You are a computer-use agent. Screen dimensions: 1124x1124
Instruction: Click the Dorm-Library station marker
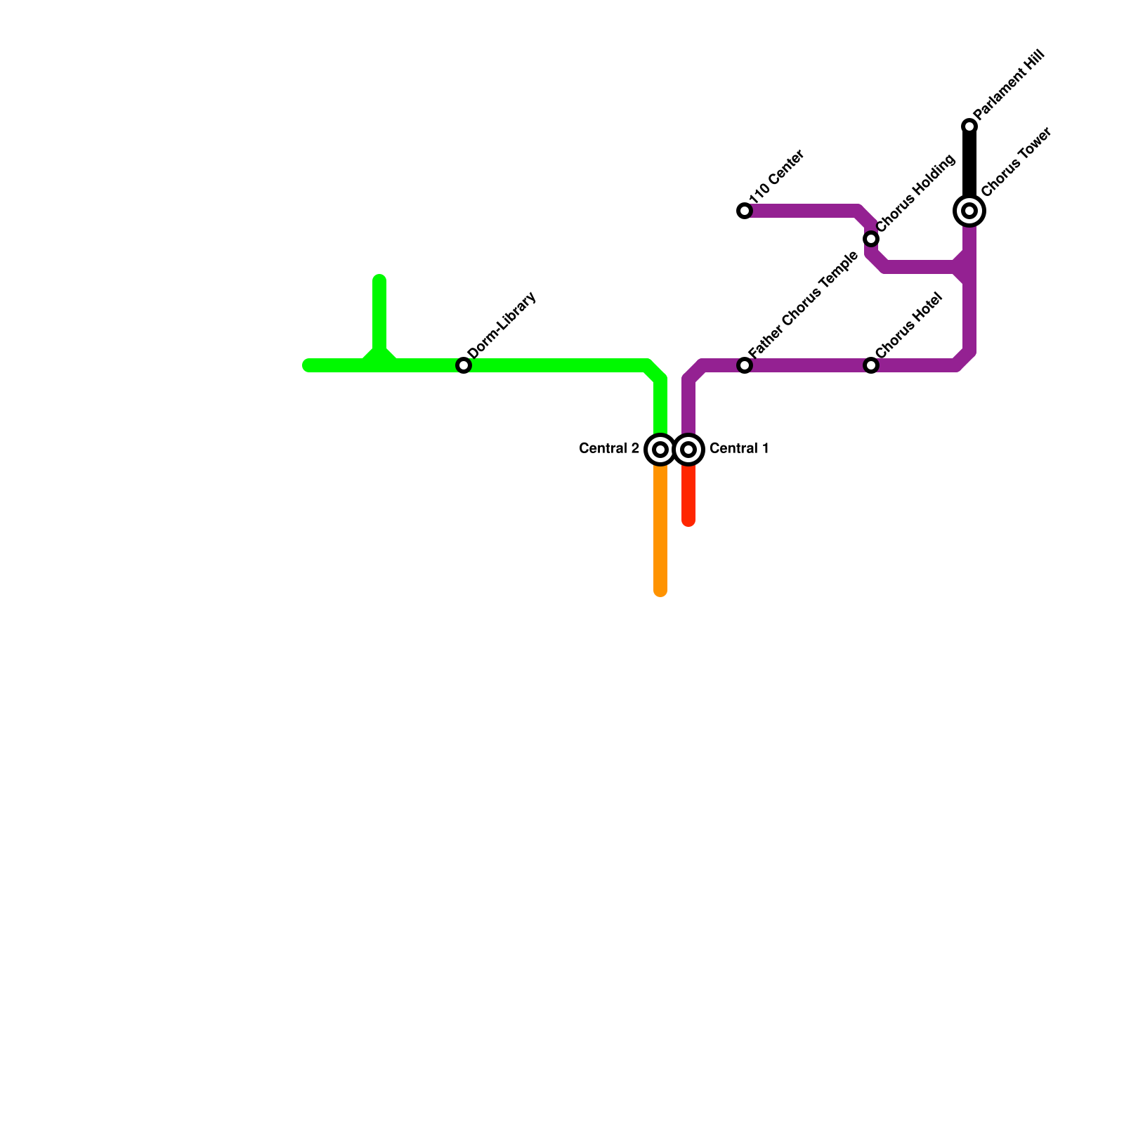click(x=464, y=365)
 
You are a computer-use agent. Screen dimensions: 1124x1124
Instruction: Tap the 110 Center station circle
click(x=745, y=211)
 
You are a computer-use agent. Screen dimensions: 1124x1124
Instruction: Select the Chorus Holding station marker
click(x=871, y=239)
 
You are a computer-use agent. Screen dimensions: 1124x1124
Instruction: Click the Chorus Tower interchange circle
click(x=969, y=210)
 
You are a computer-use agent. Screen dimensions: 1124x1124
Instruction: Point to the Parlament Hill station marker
click(x=969, y=126)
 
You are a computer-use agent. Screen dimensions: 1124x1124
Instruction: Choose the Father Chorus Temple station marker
click(x=745, y=365)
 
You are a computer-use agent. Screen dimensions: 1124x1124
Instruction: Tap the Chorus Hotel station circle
click(x=871, y=365)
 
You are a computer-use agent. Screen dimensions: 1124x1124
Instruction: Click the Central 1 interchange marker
click(x=689, y=450)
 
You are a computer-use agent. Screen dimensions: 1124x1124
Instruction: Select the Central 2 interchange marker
click(x=660, y=450)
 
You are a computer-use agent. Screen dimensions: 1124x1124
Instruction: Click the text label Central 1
click(x=739, y=448)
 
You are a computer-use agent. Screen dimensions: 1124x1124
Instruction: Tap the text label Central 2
click(x=609, y=448)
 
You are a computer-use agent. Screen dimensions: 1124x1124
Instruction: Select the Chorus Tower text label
click(x=1016, y=162)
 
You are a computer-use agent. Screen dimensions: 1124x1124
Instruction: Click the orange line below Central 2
click(x=660, y=534)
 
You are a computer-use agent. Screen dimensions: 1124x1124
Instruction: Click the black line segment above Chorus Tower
click(x=969, y=165)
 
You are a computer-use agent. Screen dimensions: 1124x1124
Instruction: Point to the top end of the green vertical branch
click(x=379, y=280)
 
